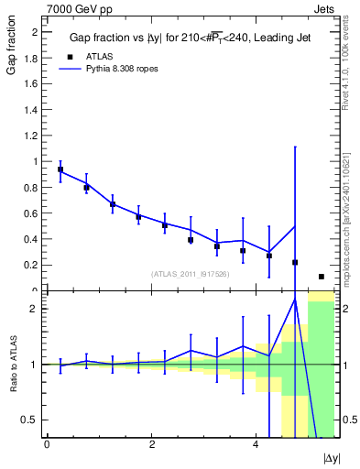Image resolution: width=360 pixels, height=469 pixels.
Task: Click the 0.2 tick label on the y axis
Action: [30, 265]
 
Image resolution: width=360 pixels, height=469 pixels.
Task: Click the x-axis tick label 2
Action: [151, 443]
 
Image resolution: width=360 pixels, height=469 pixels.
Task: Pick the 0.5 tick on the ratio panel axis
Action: [28, 420]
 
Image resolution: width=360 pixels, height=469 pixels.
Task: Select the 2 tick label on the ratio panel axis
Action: [33, 309]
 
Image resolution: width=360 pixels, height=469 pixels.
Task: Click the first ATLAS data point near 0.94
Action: [60, 169]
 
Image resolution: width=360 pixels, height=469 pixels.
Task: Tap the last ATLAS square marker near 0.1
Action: [322, 277]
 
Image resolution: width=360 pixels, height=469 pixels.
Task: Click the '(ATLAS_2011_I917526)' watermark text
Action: [190, 274]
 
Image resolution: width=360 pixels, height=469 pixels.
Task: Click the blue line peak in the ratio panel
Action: [295, 300]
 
